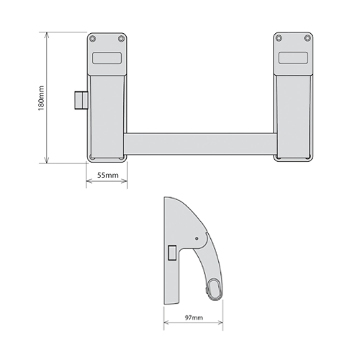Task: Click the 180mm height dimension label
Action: (42, 98)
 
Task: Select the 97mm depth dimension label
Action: (192, 315)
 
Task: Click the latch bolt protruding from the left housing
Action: (80, 101)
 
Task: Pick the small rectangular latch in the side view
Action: (171, 251)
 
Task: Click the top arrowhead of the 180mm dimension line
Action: (48, 34)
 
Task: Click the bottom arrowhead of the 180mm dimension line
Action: (48, 162)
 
